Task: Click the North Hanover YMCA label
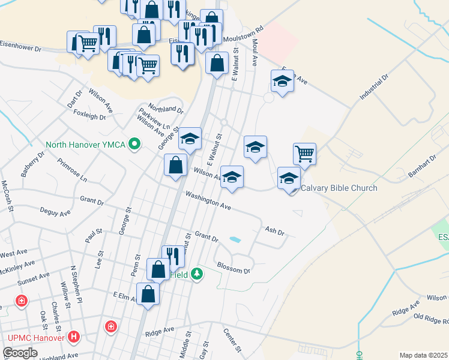point(86,145)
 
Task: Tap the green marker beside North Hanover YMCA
point(135,145)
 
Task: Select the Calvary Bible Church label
point(339,188)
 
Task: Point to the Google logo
point(20,353)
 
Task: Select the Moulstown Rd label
point(243,34)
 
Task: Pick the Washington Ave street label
point(208,200)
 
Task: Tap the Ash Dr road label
point(274,230)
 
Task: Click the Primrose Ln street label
point(72,170)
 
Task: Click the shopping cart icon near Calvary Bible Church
point(304,154)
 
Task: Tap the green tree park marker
point(197,275)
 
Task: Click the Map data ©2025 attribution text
point(423,355)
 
